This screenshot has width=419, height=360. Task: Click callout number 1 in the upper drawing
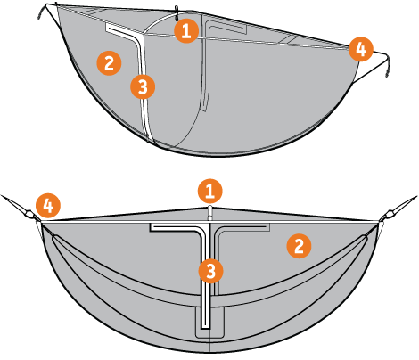tap(186, 30)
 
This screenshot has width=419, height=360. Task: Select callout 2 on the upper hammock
tap(109, 63)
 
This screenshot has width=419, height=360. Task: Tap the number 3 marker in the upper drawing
tap(143, 86)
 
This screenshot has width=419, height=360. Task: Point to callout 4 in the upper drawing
tap(361, 49)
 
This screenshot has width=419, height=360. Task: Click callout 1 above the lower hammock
tap(210, 191)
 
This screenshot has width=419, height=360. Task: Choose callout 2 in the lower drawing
tap(299, 246)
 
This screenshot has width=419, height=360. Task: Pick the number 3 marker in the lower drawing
tap(210, 271)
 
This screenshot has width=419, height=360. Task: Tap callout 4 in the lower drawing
tap(48, 205)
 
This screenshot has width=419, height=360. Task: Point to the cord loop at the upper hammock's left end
tap(43, 11)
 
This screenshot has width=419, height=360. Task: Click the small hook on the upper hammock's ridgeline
tap(177, 13)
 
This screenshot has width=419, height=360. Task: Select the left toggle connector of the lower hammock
tap(29, 214)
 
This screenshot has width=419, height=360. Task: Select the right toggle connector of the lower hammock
tap(390, 214)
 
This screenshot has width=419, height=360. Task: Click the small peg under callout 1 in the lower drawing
tap(210, 212)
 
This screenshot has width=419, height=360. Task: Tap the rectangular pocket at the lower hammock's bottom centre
tap(209, 323)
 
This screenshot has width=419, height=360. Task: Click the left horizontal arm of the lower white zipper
tap(176, 227)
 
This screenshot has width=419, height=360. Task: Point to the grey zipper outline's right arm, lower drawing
tap(243, 227)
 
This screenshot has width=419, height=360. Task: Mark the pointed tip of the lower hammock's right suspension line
tap(417, 196)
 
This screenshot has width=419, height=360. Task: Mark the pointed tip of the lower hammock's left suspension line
tap(1, 195)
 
